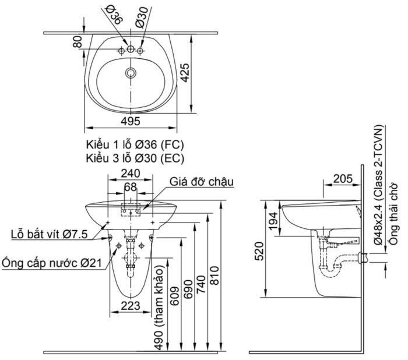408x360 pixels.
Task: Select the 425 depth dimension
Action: pos(184,72)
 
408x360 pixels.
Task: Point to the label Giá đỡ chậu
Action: pos(202,182)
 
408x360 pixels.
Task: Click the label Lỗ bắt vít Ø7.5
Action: pos(49,235)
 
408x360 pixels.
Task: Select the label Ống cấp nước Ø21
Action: pos(51,263)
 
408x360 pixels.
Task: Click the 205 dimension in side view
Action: pos(343,179)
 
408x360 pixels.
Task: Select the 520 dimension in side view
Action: pos(260,250)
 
